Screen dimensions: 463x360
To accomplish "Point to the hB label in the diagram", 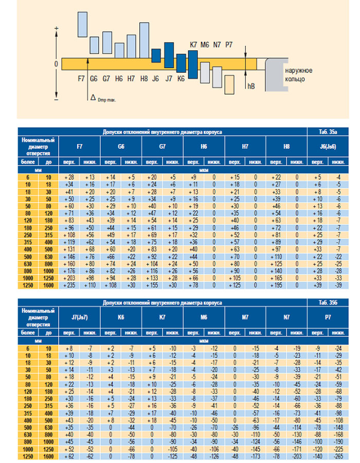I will tap(251, 86).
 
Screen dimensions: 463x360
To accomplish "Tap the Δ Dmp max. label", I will tap(102, 97).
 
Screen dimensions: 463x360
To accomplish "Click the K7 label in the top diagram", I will tap(193, 45).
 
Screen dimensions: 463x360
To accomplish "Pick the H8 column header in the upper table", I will tap(286, 147).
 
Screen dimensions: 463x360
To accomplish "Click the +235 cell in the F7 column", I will tap(69, 285).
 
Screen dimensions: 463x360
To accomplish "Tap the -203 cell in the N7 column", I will tap(296, 456).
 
